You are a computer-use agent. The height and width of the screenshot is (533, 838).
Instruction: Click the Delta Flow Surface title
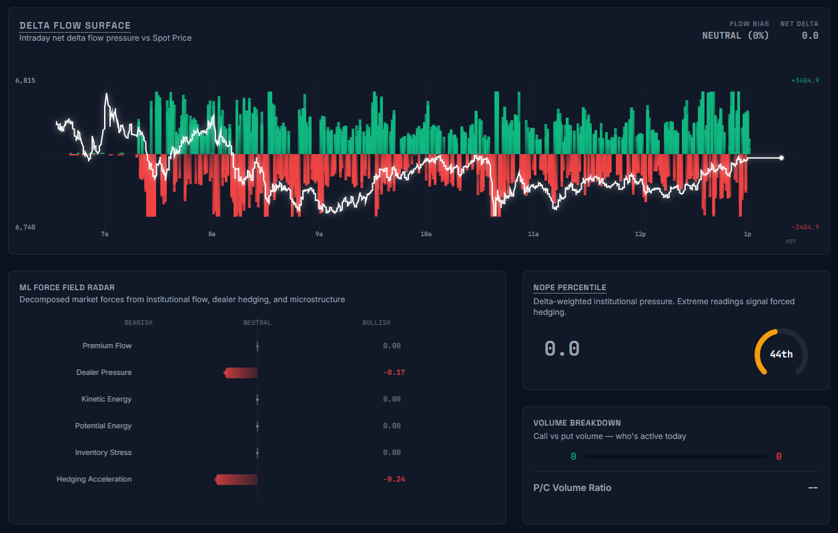(x=75, y=25)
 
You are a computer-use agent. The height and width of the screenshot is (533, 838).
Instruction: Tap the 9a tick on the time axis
(x=319, y=234)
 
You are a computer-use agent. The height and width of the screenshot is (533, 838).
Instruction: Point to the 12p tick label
(x=640, y=234)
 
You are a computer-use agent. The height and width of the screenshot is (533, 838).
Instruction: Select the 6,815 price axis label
(x=25, y=80)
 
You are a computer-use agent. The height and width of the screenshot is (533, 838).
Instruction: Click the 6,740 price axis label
(x=25, y=227)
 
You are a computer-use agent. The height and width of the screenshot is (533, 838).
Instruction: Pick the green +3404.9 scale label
(x=805, y=80)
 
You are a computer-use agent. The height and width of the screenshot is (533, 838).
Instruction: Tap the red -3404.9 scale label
(x=805, y=227)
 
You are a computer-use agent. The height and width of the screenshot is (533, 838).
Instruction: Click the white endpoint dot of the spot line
(x=781, y=158)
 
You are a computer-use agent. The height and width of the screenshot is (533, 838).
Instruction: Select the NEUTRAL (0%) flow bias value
(x=735, y=35)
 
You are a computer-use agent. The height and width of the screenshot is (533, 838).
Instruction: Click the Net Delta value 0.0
(x=809, y=35)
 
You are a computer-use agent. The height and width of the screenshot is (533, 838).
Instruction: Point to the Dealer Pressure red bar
(x=241, y=372)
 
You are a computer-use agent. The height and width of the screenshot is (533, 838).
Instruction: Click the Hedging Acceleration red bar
(x=236, y=479)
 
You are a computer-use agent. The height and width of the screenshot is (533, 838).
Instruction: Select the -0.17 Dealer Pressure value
(x=394, y=372)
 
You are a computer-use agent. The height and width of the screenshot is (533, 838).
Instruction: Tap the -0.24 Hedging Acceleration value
(x=394, y=479)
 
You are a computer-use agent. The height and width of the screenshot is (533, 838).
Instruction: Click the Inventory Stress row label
(x=103, y=452)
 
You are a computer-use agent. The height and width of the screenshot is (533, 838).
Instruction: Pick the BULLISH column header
(x=376, y=323)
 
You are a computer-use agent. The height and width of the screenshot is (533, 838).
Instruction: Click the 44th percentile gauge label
(x=781, y=354)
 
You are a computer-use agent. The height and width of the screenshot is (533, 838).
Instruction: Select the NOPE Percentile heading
(x=569, y=288)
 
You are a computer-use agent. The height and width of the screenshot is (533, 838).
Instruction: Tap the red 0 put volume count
(x=779, y=456)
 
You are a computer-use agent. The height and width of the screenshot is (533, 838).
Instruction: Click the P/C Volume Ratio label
(x=572, y=488)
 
